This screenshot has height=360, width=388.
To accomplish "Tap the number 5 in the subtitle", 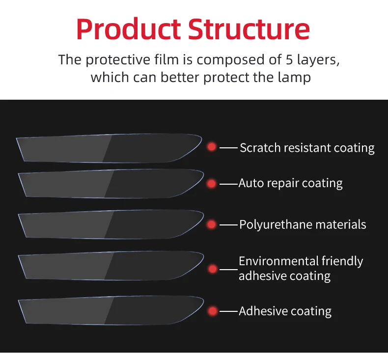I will pos(290,60).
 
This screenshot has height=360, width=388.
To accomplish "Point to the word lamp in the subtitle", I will pos(293,78).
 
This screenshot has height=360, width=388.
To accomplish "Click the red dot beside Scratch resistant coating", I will pos(212,147).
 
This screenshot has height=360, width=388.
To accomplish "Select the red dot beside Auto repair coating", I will pos(212,184).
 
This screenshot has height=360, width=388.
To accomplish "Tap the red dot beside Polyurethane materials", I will pos(212,224).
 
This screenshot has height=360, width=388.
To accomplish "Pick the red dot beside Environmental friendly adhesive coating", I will pos(212,269).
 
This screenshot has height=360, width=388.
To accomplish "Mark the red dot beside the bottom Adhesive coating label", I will pos(212,311).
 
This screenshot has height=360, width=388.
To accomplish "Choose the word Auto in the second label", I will pos(249,183).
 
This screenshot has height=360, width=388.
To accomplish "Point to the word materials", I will pos(341,224).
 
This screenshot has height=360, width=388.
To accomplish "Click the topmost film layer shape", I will pos(108,148).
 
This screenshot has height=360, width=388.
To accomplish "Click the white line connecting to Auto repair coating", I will pos(228,184).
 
